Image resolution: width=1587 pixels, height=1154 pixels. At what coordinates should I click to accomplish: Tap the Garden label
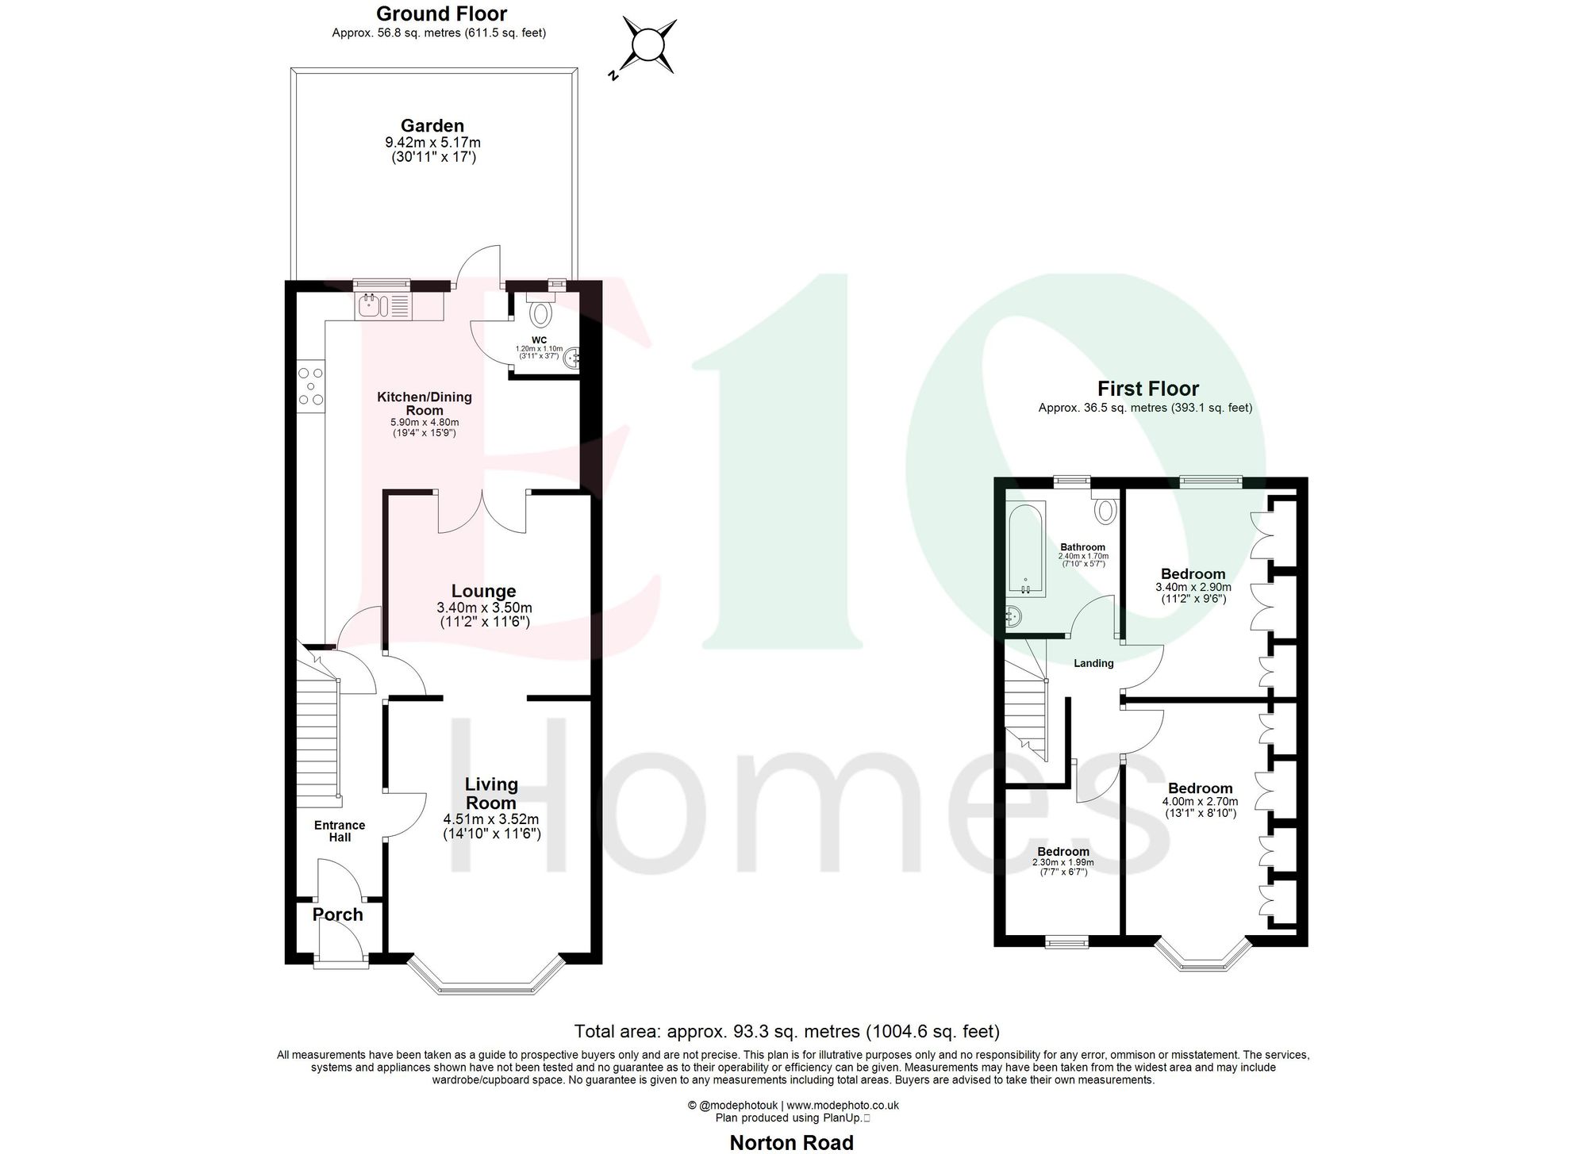click(x=432, y=125)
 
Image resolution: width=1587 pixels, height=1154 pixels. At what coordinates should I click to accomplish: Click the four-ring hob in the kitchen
click(x=310, y=386)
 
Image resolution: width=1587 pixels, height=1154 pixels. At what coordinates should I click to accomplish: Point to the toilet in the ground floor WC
click(x=540, y=312)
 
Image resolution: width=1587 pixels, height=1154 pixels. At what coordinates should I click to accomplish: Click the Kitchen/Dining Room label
click(x=424, y=403)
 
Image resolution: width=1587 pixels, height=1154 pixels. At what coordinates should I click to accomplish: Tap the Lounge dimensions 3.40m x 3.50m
click(x=484, y=608)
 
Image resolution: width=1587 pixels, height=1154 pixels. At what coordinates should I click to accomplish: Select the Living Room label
click(x=491, y=793)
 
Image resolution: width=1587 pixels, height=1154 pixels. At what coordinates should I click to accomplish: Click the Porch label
click(x=337, y=914)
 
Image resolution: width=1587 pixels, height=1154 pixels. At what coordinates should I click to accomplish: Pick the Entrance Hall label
click(x=340, y=831)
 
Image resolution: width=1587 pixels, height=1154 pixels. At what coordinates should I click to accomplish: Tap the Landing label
click(x=1093, y=663)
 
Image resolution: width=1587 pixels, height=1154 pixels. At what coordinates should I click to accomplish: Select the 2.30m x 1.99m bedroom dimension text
click(x=1062, y=862)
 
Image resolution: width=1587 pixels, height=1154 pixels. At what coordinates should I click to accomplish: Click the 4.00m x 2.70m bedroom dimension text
click(x=1200, y=802)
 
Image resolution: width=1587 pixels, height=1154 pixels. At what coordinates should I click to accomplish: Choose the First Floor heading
click(x=1147, y=389)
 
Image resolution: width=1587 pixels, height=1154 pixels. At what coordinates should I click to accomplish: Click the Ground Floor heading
click(x=441, y=13)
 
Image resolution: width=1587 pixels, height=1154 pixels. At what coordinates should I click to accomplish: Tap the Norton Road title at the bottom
click(x=791, y=1142)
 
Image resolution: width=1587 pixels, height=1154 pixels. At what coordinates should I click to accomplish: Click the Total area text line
click(x=786, y=1031)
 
